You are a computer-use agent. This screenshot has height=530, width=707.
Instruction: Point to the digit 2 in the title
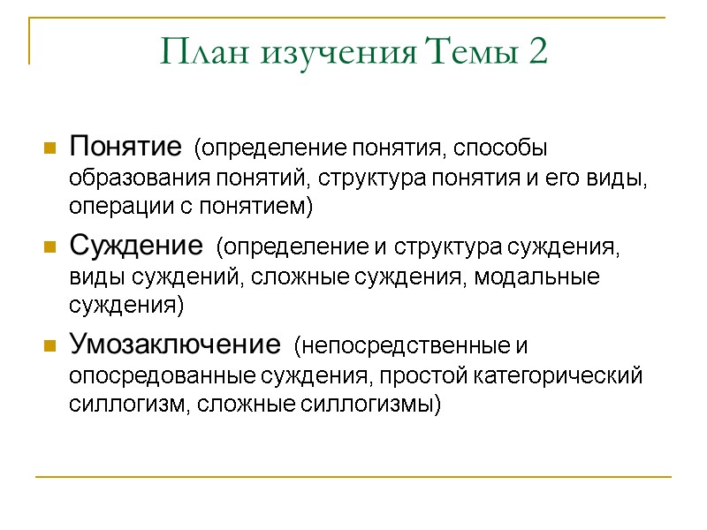[537, 53]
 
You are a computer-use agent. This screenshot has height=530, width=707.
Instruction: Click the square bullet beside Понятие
[49, 147]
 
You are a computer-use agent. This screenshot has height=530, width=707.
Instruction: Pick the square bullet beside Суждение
[49, 246]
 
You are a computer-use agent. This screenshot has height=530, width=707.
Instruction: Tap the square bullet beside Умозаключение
[49, 344]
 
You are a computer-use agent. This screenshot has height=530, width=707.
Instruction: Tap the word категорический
[554, 376]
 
